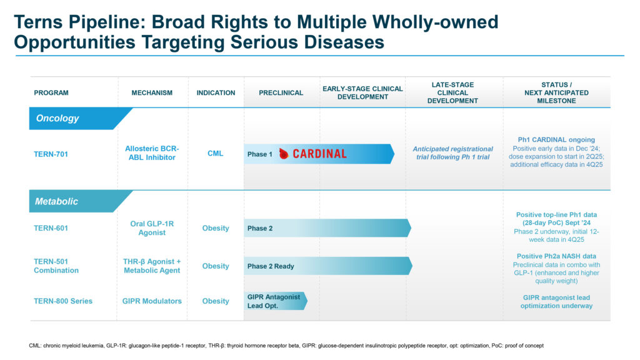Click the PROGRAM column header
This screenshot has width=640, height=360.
(51, 92)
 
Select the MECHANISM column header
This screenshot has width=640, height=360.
(152, 92)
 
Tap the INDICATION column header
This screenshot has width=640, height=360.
(216, 92)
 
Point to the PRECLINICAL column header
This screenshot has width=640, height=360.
(281, 92)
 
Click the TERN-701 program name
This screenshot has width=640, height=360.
(51, 154)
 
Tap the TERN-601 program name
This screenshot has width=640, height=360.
(51, 228)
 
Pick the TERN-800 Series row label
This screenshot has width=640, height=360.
(63, 301)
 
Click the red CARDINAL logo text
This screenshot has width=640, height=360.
(319, 154)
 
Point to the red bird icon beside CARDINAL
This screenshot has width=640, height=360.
(284, 154)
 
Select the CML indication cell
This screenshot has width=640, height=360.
(216, 154)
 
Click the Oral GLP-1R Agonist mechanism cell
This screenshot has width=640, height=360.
(152, 228)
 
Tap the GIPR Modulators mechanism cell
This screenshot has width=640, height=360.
(152, 301)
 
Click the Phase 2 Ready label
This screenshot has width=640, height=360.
(271, 266)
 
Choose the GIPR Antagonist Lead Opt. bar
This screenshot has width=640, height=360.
(276, 301)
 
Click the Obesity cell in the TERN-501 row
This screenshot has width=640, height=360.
(216, 266)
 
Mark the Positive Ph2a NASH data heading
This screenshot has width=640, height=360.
(556, 256)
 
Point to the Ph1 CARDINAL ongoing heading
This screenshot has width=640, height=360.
(556, 139)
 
